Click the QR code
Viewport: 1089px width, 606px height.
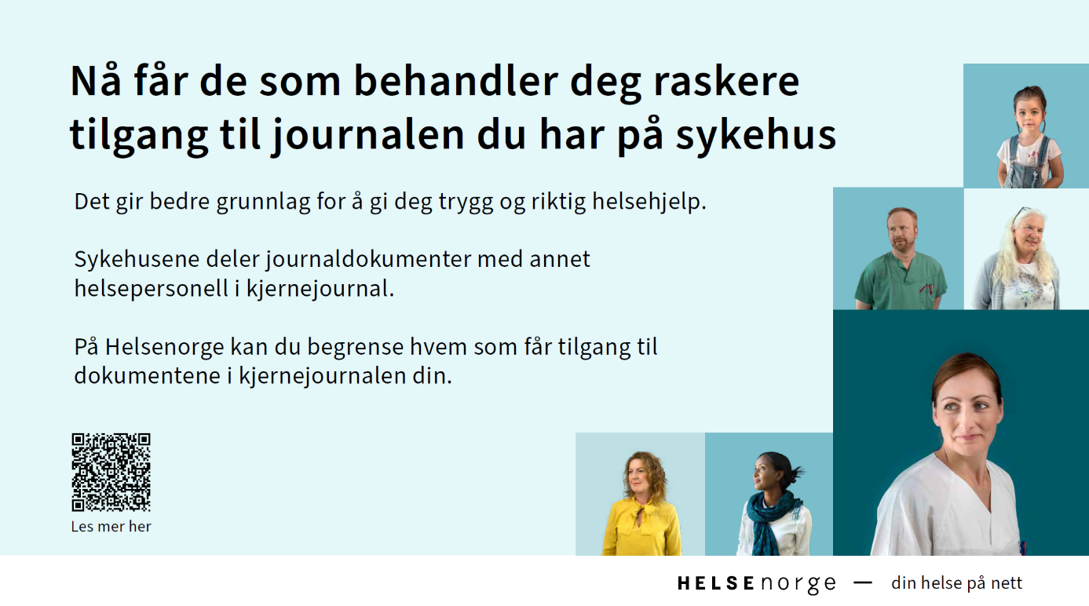coord(111,473)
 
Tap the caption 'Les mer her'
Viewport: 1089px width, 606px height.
coord(111,527)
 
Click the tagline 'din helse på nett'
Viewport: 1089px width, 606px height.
coord(956,583)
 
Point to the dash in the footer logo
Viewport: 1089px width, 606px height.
coord(863,582)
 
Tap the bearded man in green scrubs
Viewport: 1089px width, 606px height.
coord(900,259)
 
